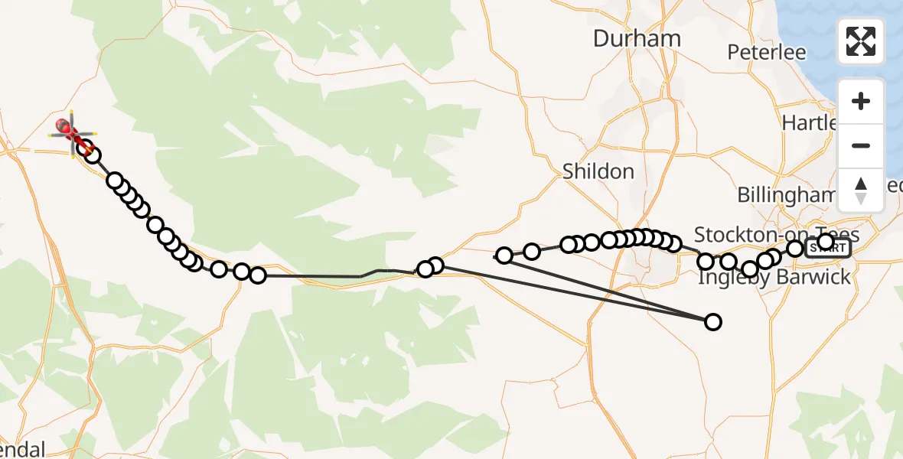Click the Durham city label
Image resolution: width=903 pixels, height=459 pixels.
click(x=637, y=39)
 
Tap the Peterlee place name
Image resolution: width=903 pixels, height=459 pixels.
click(x=767, y=52)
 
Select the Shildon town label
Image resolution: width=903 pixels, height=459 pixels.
click(x=598, y=171)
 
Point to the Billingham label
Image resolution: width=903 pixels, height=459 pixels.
click(x=786, y=195)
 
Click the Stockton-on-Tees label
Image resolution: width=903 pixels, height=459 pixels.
click(x=776, y=234)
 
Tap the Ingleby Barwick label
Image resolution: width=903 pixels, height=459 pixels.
click(x=774, y=277)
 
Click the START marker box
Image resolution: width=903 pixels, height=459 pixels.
click(x=828, y=248)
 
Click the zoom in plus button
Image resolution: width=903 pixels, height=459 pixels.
click(x=861, y=102)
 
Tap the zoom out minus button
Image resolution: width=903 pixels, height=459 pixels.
click(x=861, y=145)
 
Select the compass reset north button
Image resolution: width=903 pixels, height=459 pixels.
click(x=861, y=190)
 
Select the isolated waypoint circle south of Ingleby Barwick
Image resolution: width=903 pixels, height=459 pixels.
click(x=712, y=322)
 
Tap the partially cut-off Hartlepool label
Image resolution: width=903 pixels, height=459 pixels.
click(x=810, y=122)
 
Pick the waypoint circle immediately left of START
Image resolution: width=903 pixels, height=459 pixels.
click(x=795, y=249)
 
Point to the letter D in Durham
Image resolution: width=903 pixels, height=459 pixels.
click(x=601, y=39)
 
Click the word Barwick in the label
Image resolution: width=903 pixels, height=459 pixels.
click(x=813, y=277)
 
